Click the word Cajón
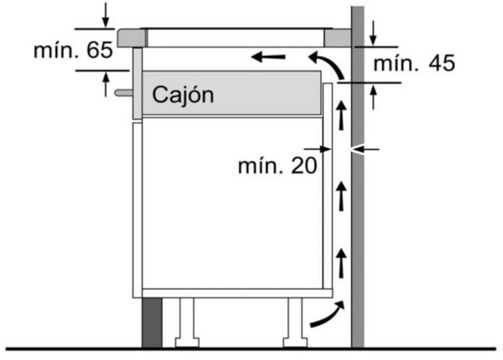click(182, 95)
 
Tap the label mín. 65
click(73, 50)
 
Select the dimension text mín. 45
click(414, 63)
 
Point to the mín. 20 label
click(277, 165)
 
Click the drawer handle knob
click(124, 93)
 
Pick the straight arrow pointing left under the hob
click(267, 58)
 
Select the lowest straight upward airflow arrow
click(341, 263)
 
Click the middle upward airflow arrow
click(341, 195)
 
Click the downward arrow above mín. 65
click(105, 14)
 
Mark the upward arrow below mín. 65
click(105, 84)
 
